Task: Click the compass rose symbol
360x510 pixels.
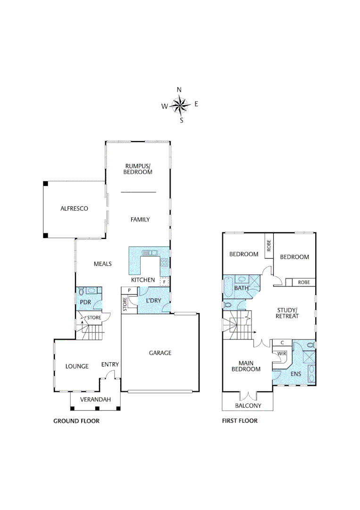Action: [180, 105]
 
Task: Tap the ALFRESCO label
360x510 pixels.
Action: [74, 208]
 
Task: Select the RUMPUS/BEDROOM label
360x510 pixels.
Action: [138, 169]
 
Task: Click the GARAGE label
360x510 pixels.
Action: [160, 353]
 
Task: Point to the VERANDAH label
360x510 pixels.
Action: [95, 399]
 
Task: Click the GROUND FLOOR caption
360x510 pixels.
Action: [76, 421]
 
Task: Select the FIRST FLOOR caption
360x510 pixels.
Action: [240, 421]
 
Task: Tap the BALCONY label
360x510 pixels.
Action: [248, 406]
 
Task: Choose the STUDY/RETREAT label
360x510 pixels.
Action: [287, 313]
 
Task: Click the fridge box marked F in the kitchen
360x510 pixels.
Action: [164, 282]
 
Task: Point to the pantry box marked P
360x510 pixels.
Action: [128, 290]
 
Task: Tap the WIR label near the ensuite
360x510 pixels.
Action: [282, 353]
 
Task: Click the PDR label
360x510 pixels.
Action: [85, 302]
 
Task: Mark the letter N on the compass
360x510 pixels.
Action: [179, 90]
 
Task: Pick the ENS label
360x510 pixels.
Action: [296, 374]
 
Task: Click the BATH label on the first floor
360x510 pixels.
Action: [241, 288]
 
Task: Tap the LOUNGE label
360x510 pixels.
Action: [77, 366]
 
